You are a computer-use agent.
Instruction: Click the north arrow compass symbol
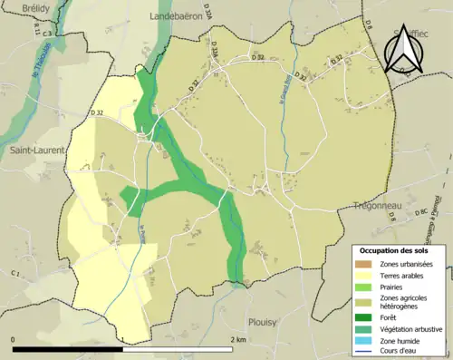(x=403, y=50)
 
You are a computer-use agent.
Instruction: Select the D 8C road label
(x=420, y=213)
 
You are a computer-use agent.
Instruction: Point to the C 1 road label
(x=15, y=272)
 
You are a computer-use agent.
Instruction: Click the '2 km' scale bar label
(x=239, y=339)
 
